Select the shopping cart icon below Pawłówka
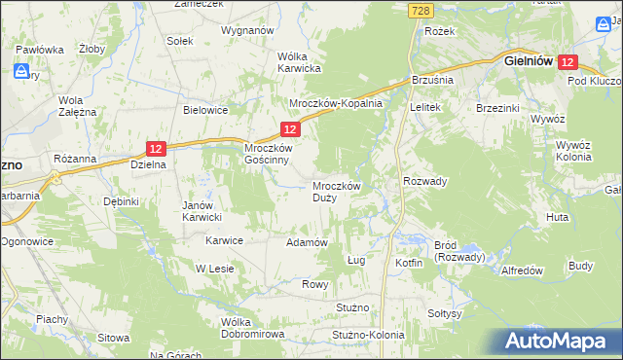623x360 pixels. tap(20, 71)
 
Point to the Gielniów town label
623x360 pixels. tap(529, 60)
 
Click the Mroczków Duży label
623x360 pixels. tap(338, 191)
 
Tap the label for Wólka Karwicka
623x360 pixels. tap(299, 61)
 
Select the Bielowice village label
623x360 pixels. tap(205, 110)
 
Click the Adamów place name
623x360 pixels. tap(306, 241)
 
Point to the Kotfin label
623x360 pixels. tap(409, 263)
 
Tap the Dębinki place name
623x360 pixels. tap(123, 201)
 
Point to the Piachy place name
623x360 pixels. tap(52, 318)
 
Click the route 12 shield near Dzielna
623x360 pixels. tap(157, 148)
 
